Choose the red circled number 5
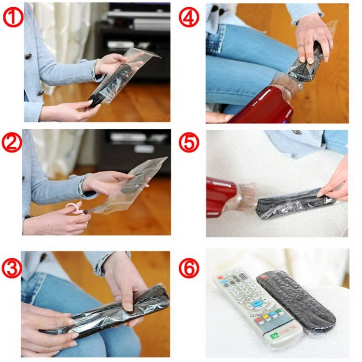(x=189, y=143)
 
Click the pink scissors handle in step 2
(x=73, y=209)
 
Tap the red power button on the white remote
(x=220, y=278)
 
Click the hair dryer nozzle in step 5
(x=248, y=198)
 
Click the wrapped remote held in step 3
(x=111, y=311)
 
